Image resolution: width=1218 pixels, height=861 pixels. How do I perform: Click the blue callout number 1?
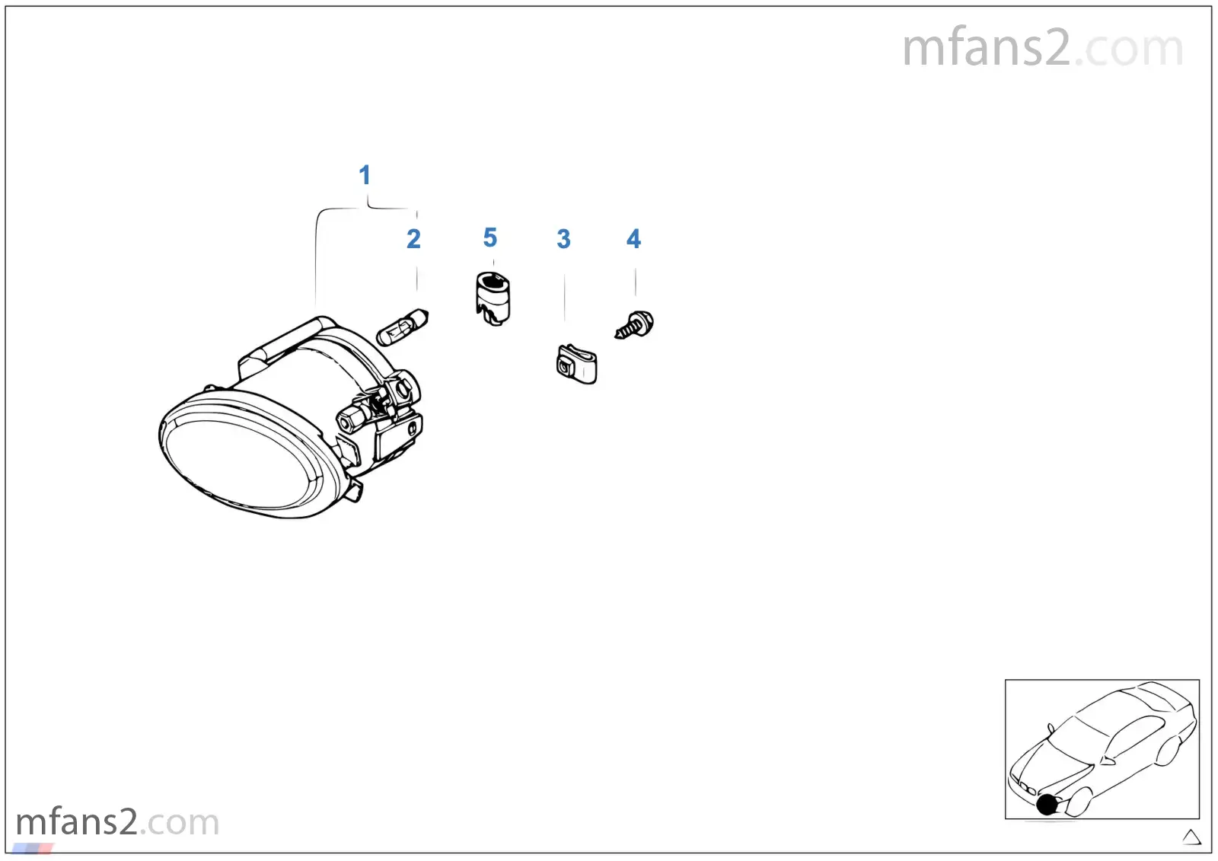365,175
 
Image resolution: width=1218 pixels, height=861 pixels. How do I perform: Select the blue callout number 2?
414,239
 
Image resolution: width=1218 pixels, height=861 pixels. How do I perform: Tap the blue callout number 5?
490,238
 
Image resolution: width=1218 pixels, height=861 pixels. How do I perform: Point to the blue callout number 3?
564,239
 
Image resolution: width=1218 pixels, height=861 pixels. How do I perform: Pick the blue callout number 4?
633,239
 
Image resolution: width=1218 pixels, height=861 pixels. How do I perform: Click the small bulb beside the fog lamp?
403,327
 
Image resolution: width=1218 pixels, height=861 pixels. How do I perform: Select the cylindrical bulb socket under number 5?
493,299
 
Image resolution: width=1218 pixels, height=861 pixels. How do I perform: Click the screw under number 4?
635,325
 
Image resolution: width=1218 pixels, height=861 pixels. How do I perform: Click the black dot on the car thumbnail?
1047,805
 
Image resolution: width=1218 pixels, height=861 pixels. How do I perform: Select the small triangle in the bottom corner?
1191,837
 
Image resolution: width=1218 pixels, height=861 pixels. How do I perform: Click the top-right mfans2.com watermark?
1042,48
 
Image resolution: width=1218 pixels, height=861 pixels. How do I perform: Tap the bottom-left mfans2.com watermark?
117,822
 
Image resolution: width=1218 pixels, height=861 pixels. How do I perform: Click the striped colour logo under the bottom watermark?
33,848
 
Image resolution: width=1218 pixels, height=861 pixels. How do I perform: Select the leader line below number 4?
635,282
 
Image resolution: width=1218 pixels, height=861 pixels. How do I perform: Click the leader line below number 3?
564,298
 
